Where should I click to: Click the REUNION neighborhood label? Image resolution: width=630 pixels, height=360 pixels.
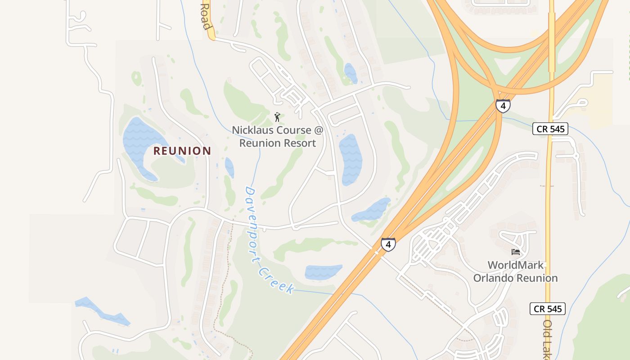(x=182, y=151)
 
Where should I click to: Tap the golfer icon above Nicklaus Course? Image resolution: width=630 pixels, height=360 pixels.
(x=277, y=117)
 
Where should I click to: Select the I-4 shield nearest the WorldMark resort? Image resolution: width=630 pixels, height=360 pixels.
(x=388, y=245)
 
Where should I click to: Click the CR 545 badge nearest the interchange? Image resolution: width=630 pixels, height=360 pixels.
(x=550, y=129)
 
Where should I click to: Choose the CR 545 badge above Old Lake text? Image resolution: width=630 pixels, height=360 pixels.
(x=547, y=309)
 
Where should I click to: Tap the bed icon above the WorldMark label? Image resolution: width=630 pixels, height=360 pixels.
(x=516, y=252)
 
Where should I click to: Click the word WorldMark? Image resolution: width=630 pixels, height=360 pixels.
(x=516, y=265)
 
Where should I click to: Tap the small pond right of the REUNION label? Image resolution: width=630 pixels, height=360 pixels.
(x=229, y=167)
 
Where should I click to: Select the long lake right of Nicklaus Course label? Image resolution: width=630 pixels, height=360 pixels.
(x=350, y=160)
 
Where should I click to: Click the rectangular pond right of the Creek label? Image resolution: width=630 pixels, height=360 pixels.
(x=323, y=272)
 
